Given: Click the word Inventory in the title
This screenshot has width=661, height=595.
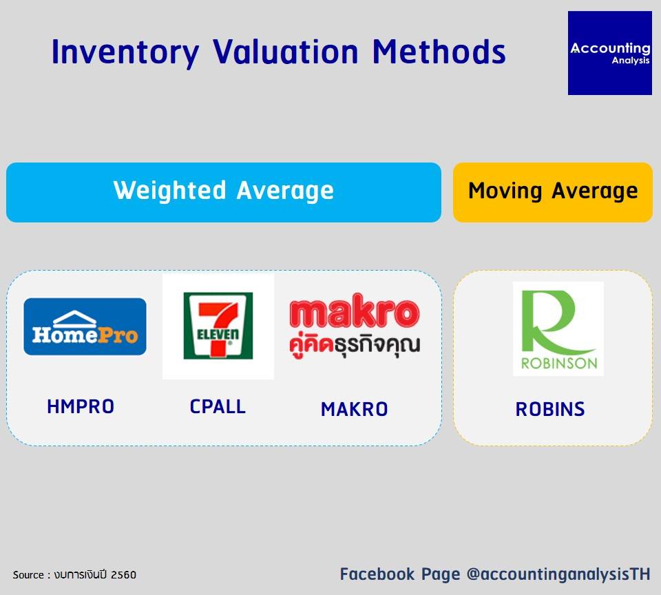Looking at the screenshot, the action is [125, 52].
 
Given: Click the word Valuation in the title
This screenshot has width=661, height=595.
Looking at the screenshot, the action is [285, 52].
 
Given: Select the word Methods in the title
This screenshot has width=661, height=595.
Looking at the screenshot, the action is [439, 52].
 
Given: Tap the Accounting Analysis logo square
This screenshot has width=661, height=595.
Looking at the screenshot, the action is [609, 53].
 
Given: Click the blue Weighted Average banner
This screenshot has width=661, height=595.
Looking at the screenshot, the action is [223, 192].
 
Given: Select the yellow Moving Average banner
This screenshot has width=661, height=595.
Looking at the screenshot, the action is [553, 192].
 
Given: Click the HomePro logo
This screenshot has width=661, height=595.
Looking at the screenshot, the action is [85, 326].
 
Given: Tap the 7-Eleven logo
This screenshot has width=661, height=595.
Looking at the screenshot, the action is [218, 326].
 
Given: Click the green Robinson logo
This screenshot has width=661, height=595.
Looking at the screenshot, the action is [558, 329].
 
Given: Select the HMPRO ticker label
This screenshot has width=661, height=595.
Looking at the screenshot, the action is [81, 407].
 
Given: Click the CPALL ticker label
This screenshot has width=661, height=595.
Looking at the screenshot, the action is [218, 407].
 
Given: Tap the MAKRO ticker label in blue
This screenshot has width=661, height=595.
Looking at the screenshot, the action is [354, 409].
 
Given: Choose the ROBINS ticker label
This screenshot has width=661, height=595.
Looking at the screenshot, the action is [550, 409].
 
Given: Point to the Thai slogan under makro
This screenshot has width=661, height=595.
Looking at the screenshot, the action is [355, 346].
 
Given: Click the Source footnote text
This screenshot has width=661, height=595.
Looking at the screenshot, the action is [74, 575].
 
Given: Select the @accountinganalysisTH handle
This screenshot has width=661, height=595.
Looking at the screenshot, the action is [558, 574].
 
